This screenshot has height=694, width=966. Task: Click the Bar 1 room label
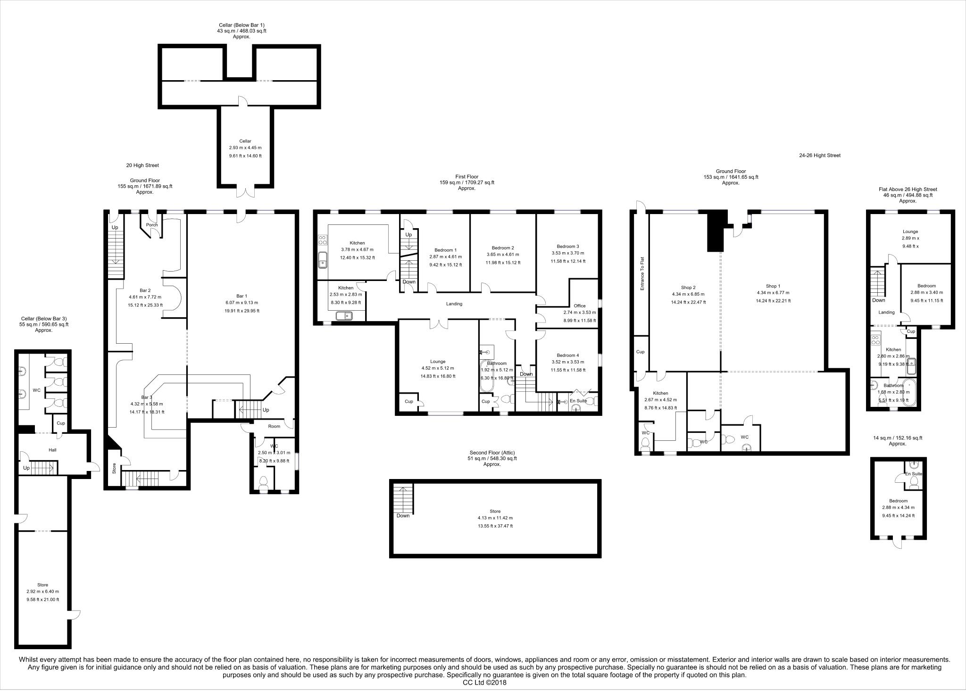point(241,295)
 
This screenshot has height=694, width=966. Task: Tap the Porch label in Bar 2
point(152,225)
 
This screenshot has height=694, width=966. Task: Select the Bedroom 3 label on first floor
point(567,246)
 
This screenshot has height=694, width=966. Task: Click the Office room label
point(579,306)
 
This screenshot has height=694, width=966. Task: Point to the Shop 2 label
point(688,287)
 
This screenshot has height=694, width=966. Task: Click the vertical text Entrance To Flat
point(641,273)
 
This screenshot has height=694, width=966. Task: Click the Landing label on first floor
point(454,304)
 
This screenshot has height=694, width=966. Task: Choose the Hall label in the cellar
point(52,450)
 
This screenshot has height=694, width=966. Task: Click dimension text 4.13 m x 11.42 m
point(495,518)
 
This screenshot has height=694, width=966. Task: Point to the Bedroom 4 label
point(567,355)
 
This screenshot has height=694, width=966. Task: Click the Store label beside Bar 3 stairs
point(114,468)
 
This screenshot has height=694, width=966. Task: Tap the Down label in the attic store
point(403,515)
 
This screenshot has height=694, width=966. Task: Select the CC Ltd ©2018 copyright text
point(484,682)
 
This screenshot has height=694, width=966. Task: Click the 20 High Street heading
point(142,165)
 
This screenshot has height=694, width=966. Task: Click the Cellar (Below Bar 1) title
point(239,25)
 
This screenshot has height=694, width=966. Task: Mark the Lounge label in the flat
point(910,231)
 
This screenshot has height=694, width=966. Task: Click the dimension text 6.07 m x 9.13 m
point(241,303)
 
